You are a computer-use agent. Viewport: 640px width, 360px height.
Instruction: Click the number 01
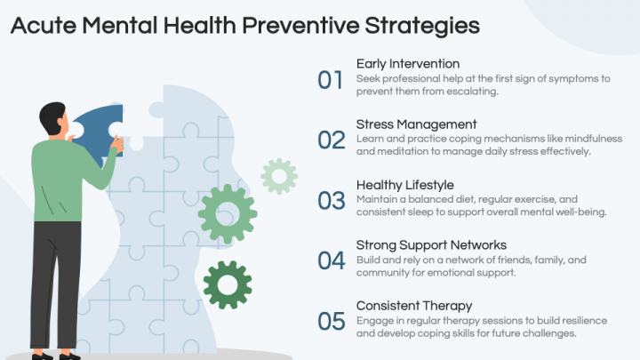(x=330, y=79)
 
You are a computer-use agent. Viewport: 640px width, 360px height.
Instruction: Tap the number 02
(x=331, y=140)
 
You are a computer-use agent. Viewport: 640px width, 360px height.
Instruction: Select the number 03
(x=331, y=200)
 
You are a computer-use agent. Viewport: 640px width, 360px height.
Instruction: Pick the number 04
(x=331, y=260)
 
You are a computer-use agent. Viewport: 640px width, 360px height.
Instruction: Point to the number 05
(x=331, y=320)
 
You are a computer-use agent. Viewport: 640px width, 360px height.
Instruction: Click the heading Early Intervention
(x=408, y=64)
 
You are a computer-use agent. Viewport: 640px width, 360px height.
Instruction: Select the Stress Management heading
(x=416, y=124)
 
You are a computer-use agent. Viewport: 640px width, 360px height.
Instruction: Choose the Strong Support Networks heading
(x=431, y=244)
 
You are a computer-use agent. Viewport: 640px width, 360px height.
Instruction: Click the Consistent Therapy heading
(x=413, y=305)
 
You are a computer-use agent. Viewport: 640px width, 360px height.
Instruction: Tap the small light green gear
(x=279, y=176)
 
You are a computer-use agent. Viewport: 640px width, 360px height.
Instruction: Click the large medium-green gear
(x=228, y=214)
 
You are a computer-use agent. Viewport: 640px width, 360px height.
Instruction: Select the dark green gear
(x=227, y=285)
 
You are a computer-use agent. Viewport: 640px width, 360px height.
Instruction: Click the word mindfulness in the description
(x=589, y=139)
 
